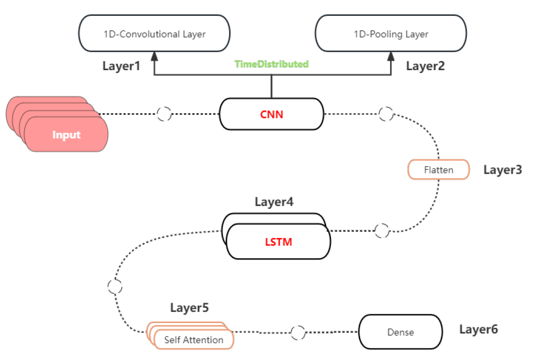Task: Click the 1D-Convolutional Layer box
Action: coord(154,34)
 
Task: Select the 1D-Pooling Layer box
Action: coord(390,34)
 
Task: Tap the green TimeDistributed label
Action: coord(271,64)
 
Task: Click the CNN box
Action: coord(271,114)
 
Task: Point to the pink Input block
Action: coord(66,134)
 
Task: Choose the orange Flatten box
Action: coord(439,170)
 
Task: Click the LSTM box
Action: coord(279,241)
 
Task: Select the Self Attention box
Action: coord(194,340)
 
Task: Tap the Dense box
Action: coord(401,332)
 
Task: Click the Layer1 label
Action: coord(122,66)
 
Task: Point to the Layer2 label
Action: coord(426,66)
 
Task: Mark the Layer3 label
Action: coord(502,169)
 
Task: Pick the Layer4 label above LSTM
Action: coord(274,202)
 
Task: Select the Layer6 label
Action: coord(478,329)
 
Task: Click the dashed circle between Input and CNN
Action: coord(164,114)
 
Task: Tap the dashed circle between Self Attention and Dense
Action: coord(298,332)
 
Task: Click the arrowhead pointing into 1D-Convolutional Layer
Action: coord(154,57)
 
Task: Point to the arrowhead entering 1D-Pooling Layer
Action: coord(390,57)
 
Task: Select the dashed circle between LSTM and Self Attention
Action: coord(115,287)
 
